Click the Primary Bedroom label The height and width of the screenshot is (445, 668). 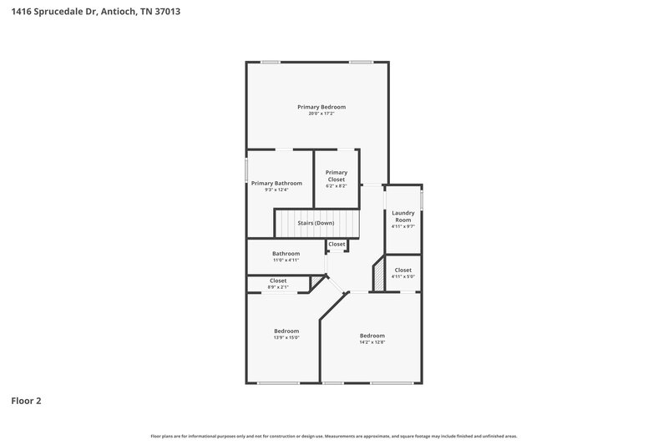(321, 107)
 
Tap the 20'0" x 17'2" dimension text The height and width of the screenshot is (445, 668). (321, 114)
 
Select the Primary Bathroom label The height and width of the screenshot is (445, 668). (276, 183)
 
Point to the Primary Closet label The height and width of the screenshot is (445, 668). (337, 175)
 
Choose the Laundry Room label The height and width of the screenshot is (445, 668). (403, 216)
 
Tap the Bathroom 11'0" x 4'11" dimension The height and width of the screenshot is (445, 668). (286, 260)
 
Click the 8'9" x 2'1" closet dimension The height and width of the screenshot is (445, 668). (278, 287)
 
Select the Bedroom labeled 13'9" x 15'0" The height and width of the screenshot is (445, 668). (286, 331)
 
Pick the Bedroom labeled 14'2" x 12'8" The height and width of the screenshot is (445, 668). (372, 336)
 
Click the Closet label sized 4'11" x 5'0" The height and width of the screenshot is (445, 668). (402, 271)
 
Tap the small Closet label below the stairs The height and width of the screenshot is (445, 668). (337, 244)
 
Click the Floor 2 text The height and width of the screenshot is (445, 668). (26, 401)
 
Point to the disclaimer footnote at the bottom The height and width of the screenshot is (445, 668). (333, 436)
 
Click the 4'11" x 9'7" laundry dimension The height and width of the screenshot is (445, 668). (403, 226)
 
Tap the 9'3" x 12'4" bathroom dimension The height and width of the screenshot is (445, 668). (276, 190)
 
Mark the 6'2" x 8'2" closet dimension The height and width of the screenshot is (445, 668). (337, 185)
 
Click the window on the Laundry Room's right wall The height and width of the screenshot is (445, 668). (422, 200)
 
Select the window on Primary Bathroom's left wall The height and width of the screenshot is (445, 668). (245, 168)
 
